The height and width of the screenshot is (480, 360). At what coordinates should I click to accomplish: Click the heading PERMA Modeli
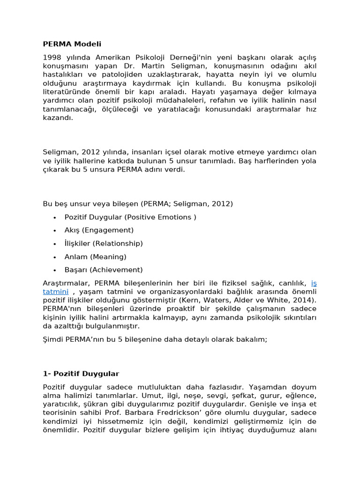pyautogui.click(x=72, y=44)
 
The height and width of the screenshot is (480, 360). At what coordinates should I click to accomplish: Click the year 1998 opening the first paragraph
pyautogui.click(x=52, y=57)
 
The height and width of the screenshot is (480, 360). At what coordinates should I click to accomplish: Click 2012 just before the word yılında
pyautogui.click(x=91, y=152)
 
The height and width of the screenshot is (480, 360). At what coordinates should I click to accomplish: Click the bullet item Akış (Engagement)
pyautogui.click(x=99, y=230)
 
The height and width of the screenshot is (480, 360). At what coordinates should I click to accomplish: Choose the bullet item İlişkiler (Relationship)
pyautogui.click(x=104, y=243)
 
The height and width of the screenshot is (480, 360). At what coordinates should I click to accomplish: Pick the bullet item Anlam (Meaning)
pyautogui.click(x=95, y=256)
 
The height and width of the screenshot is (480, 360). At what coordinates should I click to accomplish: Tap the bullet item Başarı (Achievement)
pyautogui.click(x=104, y=270)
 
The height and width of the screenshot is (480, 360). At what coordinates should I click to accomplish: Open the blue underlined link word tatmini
pyautogui.click(x=56, y=292)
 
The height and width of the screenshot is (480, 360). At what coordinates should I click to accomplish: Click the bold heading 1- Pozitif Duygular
pyautogui.click(x=81, y=374)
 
